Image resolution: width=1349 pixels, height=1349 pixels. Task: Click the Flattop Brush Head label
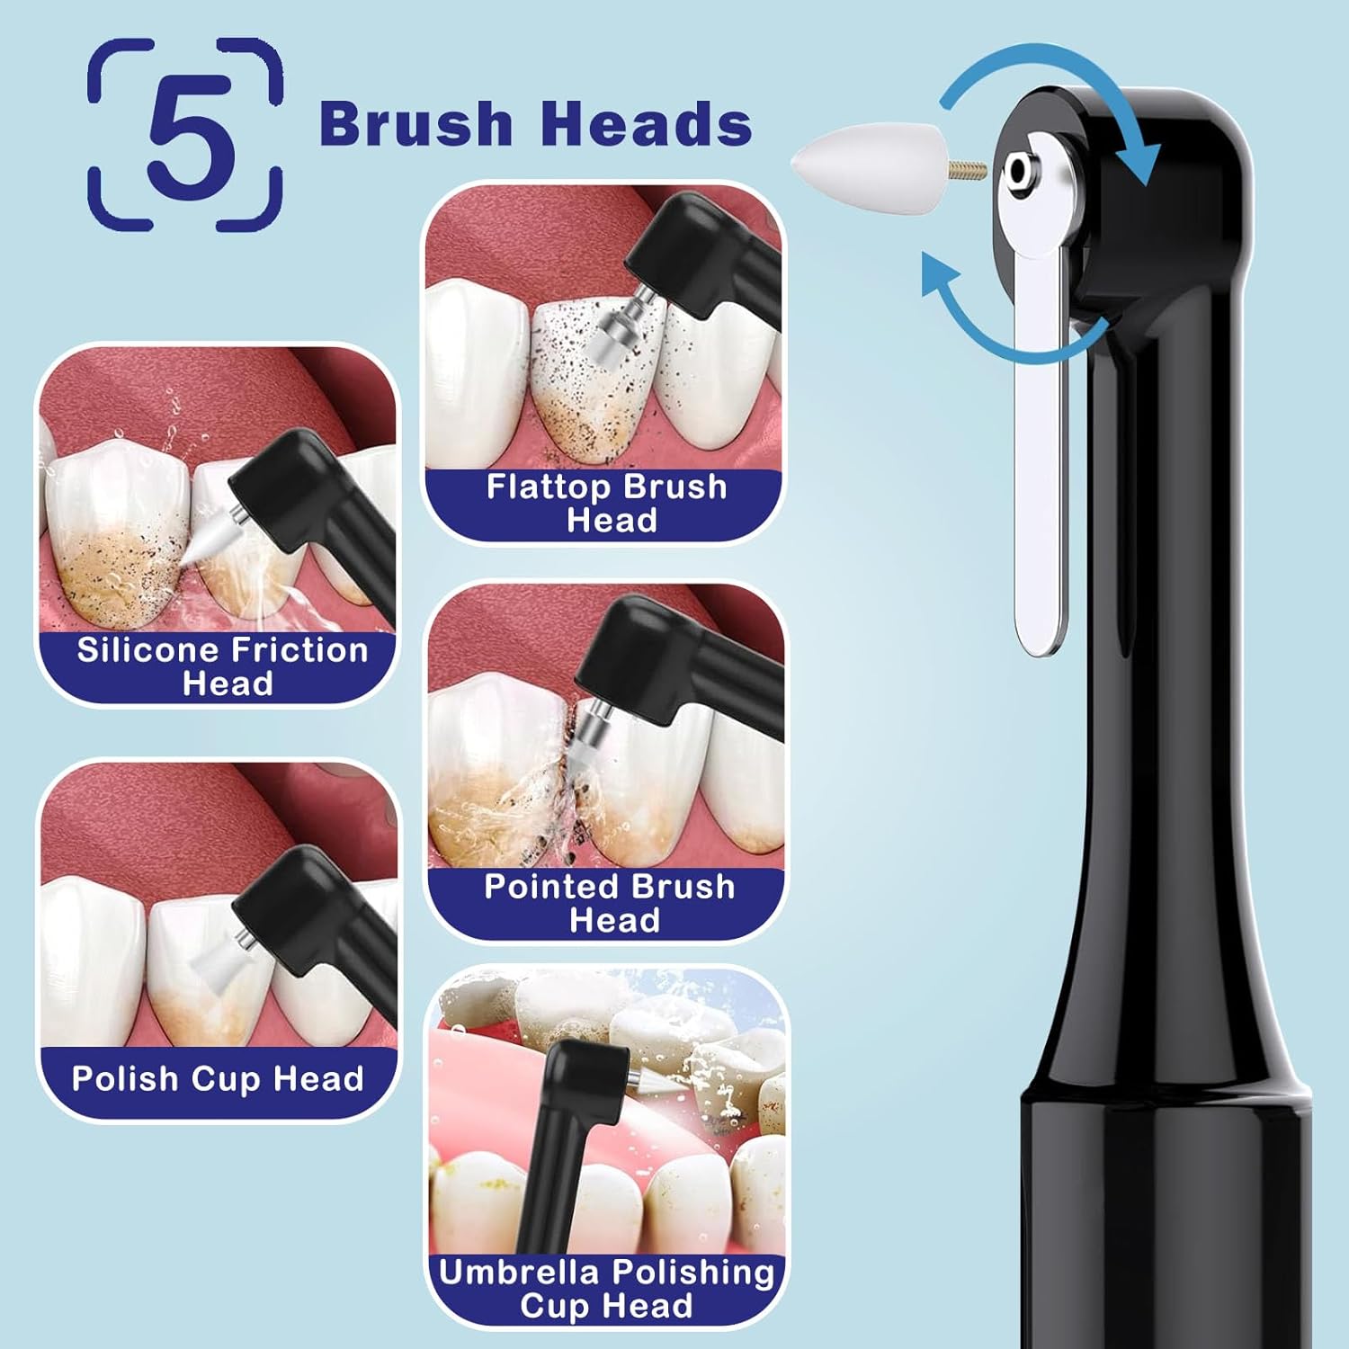tap(607, 504)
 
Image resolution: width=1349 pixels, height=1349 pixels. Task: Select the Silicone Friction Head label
tap(222, 666)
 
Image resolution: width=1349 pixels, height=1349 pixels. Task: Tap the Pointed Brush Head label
tap(610, 903)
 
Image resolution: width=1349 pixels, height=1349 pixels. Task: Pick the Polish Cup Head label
tap(218, 1078)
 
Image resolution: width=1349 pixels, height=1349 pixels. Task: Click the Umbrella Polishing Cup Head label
tap(606, 1288)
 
